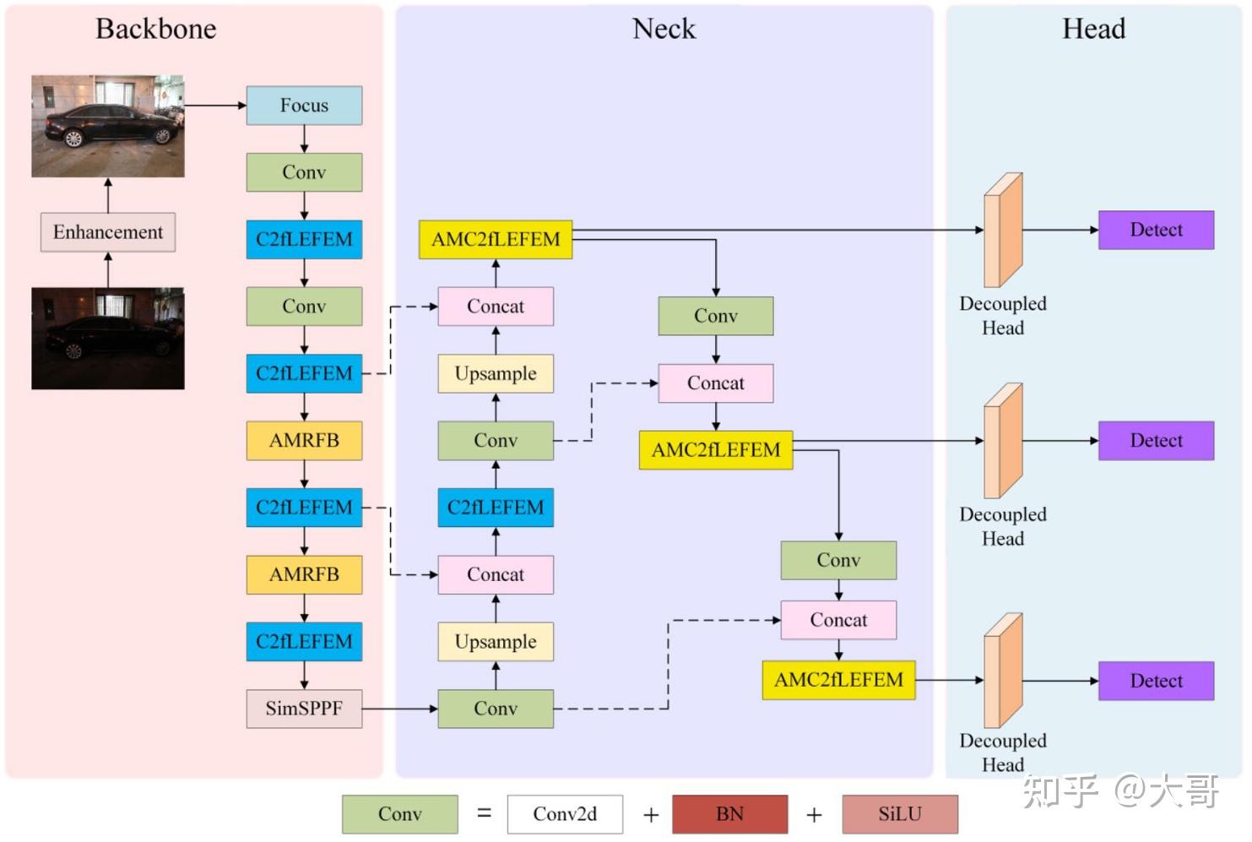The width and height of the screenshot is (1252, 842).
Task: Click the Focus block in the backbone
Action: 304,106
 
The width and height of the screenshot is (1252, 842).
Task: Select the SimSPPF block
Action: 304,709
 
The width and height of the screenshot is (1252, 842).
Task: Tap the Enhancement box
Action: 108,232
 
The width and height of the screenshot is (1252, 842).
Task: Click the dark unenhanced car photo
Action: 108,338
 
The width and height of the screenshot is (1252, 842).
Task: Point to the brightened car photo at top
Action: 108,126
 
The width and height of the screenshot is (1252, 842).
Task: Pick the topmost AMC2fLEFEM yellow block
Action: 496,240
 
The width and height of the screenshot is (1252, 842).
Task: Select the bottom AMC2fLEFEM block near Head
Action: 838,680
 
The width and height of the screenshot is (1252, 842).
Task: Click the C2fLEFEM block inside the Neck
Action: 496,508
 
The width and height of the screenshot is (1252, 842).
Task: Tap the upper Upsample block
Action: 496,373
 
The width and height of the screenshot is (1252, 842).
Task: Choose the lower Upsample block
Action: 496,642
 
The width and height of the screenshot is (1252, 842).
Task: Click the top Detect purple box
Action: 1156,230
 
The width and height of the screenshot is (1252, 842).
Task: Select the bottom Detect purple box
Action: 1156,681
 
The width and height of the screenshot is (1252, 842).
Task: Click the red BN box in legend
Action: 729,814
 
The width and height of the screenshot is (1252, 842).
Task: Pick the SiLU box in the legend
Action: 900,814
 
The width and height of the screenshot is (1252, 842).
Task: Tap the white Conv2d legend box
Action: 565,814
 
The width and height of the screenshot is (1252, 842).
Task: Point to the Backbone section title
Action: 156,29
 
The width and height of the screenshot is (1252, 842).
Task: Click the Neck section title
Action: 664,29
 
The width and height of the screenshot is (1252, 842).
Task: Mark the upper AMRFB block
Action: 304,441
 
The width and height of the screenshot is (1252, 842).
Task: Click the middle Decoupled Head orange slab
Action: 1003,441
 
